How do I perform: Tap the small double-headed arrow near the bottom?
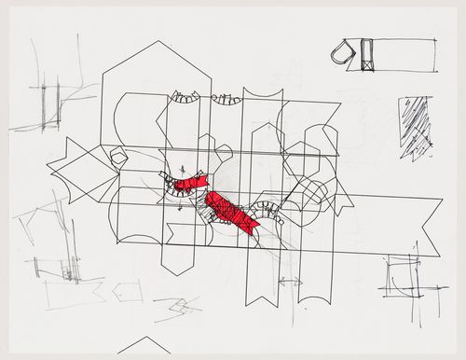point(289,279)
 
